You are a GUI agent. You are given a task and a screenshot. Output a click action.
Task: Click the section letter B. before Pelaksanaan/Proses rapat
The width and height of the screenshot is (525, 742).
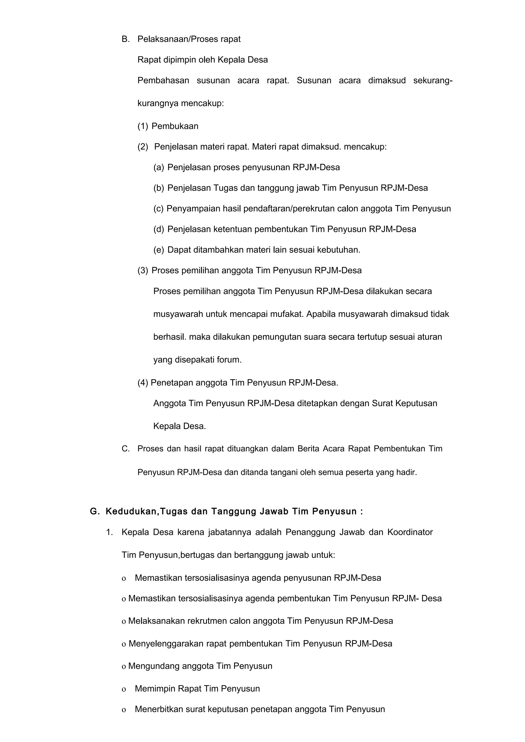pos(125,39)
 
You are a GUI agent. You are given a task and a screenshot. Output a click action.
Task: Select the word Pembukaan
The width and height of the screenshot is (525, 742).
pos(175,126)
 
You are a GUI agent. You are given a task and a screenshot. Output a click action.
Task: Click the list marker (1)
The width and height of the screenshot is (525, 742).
pos(143,126)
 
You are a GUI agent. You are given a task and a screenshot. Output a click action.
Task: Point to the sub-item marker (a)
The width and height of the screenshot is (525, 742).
pos(158,167)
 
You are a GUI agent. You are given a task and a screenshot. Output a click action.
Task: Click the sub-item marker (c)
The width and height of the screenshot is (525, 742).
pos(158,209)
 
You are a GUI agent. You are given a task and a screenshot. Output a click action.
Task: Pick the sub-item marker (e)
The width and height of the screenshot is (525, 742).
pos(158,250)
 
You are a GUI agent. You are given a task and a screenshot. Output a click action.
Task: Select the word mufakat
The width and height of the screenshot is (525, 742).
pos(288,314)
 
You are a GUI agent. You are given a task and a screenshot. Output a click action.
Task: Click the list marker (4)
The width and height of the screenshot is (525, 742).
pos(143,383)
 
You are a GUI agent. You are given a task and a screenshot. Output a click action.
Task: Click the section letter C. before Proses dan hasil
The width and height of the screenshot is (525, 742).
pos(125,449)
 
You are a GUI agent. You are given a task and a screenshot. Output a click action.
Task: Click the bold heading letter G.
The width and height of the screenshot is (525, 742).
pos(94,512)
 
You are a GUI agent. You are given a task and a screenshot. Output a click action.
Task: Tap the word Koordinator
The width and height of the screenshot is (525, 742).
pos(410,532)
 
